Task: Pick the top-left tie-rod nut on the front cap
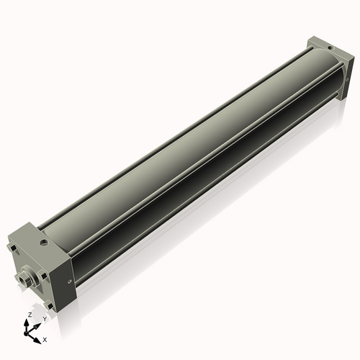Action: pos(13,251)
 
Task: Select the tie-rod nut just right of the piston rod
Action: pos(45,275)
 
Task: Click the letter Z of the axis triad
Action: pos(29,315)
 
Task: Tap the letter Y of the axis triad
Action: pos(45,318)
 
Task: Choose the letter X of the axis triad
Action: pos(45,338)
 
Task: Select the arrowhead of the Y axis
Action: pos(38,322)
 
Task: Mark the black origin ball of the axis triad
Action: pos(29,333)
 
